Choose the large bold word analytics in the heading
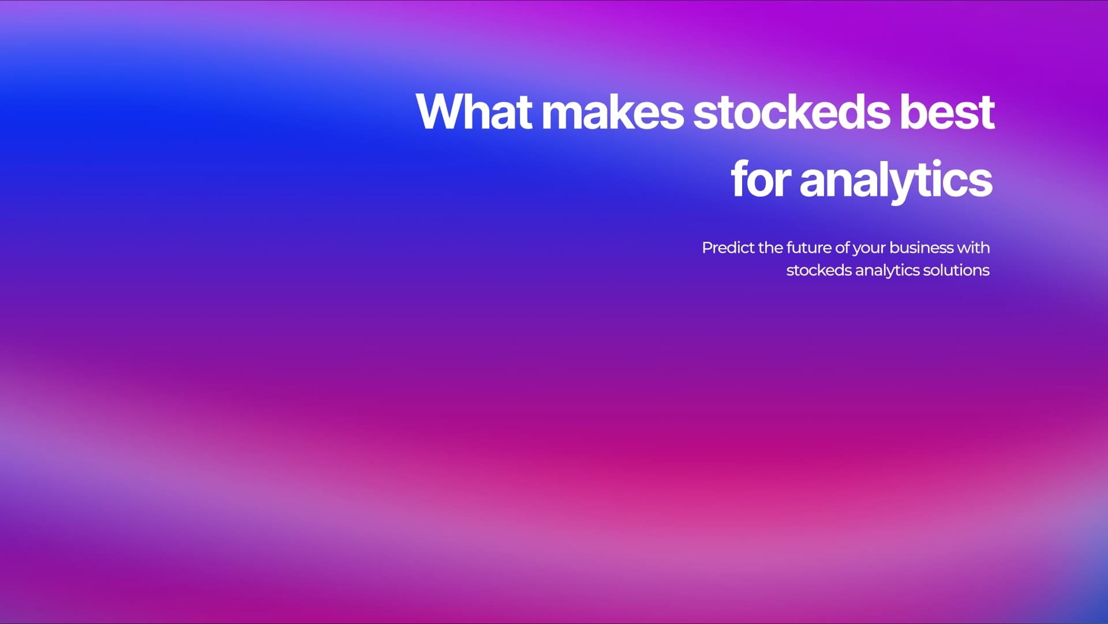pyautogui.click(x=896, y=180)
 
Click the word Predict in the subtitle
pyautogui.click(x=728, y=248)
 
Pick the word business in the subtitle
pyautogui.click(x=921, y=248)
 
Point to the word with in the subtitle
pyautogui.click(x=974, y=248)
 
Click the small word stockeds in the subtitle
pyautogui.click(x=818, y=270)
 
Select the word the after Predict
pyautogui.click(x=770, y=248)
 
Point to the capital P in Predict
pyautogui.click(x=706, y=248)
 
